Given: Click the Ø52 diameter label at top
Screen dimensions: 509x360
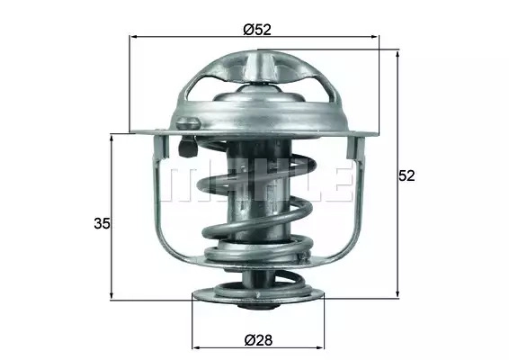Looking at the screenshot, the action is click(x=257, y=30).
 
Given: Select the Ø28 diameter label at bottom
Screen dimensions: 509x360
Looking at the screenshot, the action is click(x=258, y=340).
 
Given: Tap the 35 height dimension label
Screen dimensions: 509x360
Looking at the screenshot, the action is click(x=102, y=223).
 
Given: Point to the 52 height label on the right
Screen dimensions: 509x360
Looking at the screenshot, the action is click(x=406, y=175).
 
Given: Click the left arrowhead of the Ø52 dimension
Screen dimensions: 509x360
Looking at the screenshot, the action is click(x=133, y=37).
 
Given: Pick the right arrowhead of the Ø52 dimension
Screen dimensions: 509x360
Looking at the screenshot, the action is click(x=375, y=37).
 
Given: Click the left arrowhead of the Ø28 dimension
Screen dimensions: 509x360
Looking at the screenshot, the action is click(x=196, y=347).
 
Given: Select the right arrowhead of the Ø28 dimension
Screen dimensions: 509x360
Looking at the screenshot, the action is click(x=320, y=347).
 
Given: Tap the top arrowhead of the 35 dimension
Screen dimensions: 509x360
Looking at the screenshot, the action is click(x=112, y=138).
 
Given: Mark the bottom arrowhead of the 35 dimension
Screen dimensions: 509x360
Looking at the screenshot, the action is click(x=112, y=294).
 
